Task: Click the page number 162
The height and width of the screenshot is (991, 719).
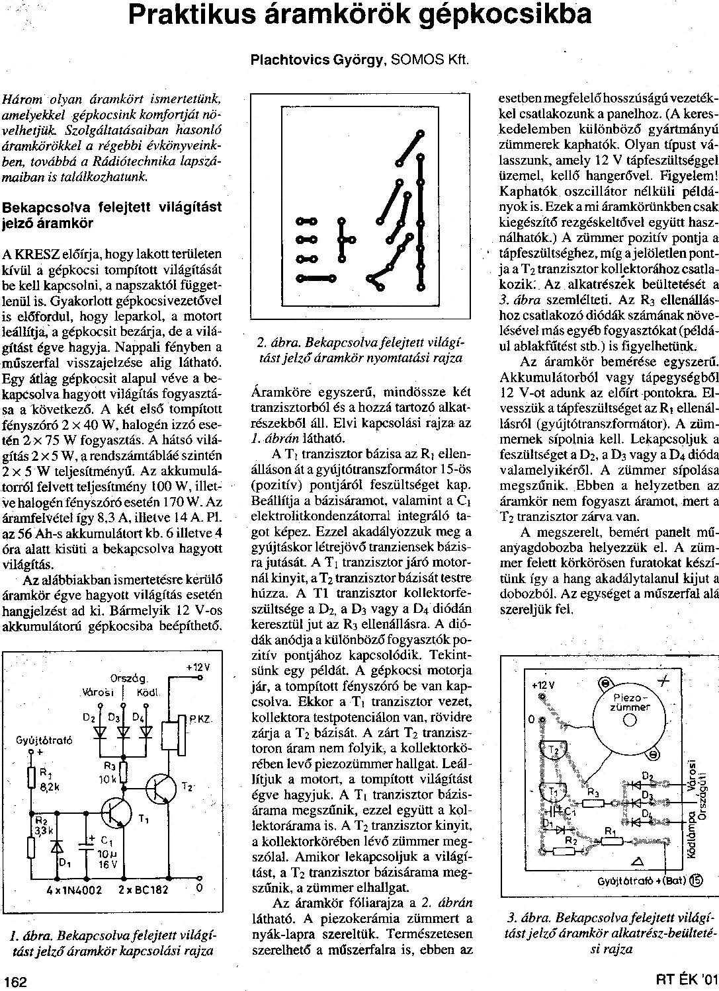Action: pyautogui.click(x=15, y=981)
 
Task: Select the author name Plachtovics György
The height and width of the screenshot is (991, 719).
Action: pyautogui.click(x=317, y=59)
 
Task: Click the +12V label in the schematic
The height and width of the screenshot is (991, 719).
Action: pyautogui.click(x=197, y=667)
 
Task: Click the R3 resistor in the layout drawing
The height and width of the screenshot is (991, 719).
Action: pyautogui.click(x=593, y=803)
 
